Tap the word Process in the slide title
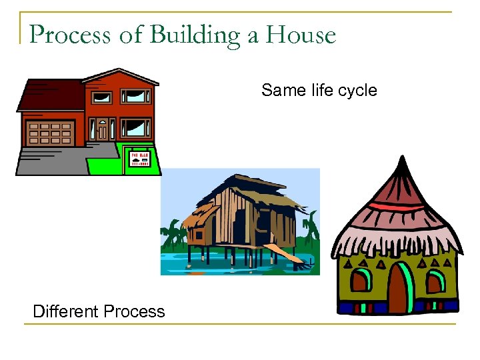(x=71, y=35)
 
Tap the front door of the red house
(x=102, y=129)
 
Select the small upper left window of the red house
(x=102, y=97)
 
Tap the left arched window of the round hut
(x=361, y=281)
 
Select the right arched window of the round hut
(x=435, y=281)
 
